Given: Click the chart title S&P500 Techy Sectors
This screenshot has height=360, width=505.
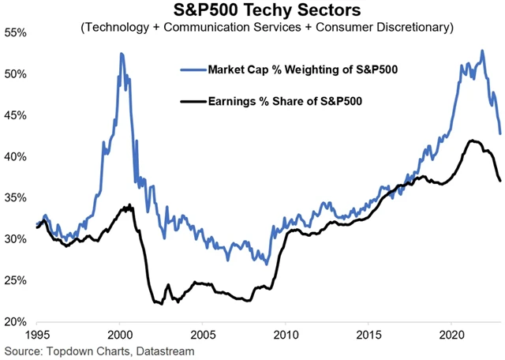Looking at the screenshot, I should (257, 10).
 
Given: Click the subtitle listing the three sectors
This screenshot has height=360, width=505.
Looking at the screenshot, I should (257, 28).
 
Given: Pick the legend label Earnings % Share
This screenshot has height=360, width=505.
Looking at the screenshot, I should (289, 102).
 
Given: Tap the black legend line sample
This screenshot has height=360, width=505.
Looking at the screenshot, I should (191, 102).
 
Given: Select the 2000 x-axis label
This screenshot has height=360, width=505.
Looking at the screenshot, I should (120, 335).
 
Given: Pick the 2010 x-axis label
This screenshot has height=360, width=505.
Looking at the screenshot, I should (286, 335).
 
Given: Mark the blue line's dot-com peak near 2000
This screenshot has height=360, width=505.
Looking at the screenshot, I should (121, 54).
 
